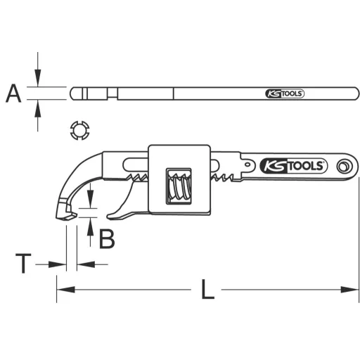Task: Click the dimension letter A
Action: tap(13, 94)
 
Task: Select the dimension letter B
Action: tap(106, 239)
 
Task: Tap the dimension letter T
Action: tap(24, 264)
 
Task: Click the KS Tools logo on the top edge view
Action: tap(283, 94)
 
